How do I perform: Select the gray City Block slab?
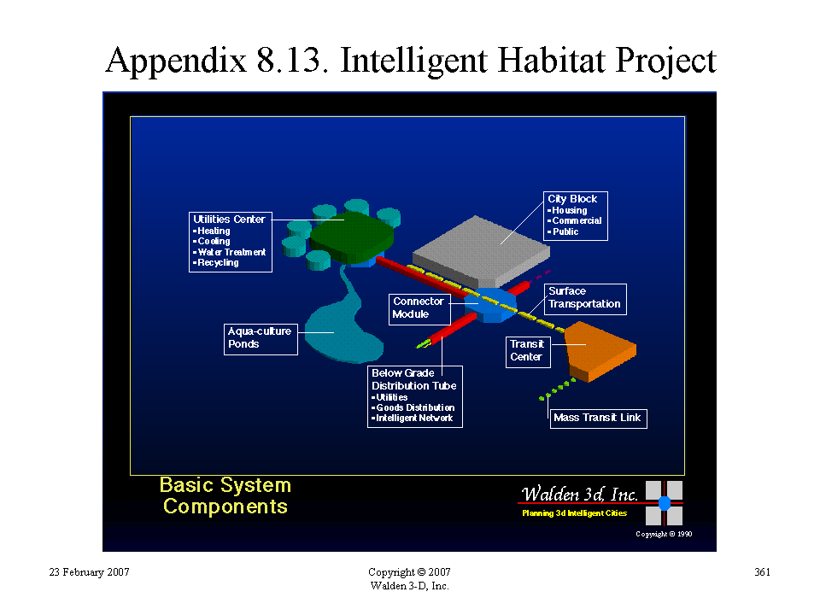tap(481, 251)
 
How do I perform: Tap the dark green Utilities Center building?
tap(351, 237)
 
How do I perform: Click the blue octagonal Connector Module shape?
tap(490, 304)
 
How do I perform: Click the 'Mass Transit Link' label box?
tap(598, 419)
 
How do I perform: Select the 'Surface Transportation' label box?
tap(585, 299)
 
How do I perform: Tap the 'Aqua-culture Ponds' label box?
tap(261, 339)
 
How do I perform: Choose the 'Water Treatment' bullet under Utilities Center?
tap(229, 252)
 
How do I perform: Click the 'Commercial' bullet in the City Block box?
tap(574, 220)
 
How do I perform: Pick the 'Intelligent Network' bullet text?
tap(412, 419)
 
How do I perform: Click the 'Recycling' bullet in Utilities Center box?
tap(215, 262)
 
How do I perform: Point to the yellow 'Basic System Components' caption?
tap(225, 495)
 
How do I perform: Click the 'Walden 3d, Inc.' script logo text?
tap(579, 495)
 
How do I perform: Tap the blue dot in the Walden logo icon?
tap(665, 503)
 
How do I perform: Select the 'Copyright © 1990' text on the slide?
tap(664, 534)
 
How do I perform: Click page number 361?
tap(762, 572)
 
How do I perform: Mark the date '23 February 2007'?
tap(89, 572)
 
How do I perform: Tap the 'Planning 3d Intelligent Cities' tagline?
tap(574, 513)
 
